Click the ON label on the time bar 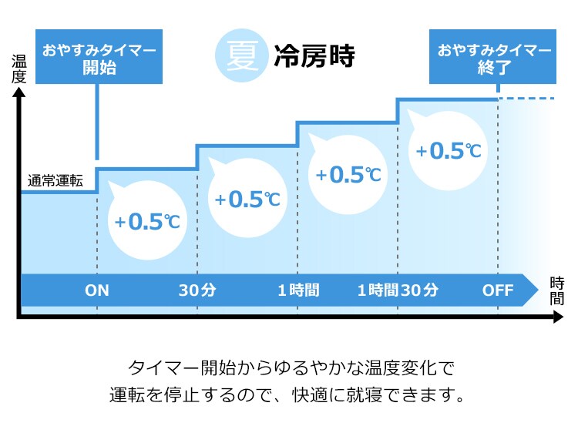(97, 290)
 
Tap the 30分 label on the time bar (197, 290)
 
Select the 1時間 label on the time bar (298, 290)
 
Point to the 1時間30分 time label (398, 290)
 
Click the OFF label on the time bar (498, 290)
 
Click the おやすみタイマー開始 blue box (99, 57)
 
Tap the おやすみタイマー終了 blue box (492, 57)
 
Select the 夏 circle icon (241, 55)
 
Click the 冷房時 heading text (314, 56)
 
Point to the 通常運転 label (55, 180)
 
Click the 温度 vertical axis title (18, 69)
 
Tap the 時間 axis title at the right (557, 291)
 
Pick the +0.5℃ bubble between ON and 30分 (147, 220)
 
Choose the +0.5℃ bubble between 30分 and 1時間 (247, 197)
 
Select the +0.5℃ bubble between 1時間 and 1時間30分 (348, 174)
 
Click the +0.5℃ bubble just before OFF (448, 150)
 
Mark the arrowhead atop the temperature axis (18, 92)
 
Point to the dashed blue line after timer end (526, 99)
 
